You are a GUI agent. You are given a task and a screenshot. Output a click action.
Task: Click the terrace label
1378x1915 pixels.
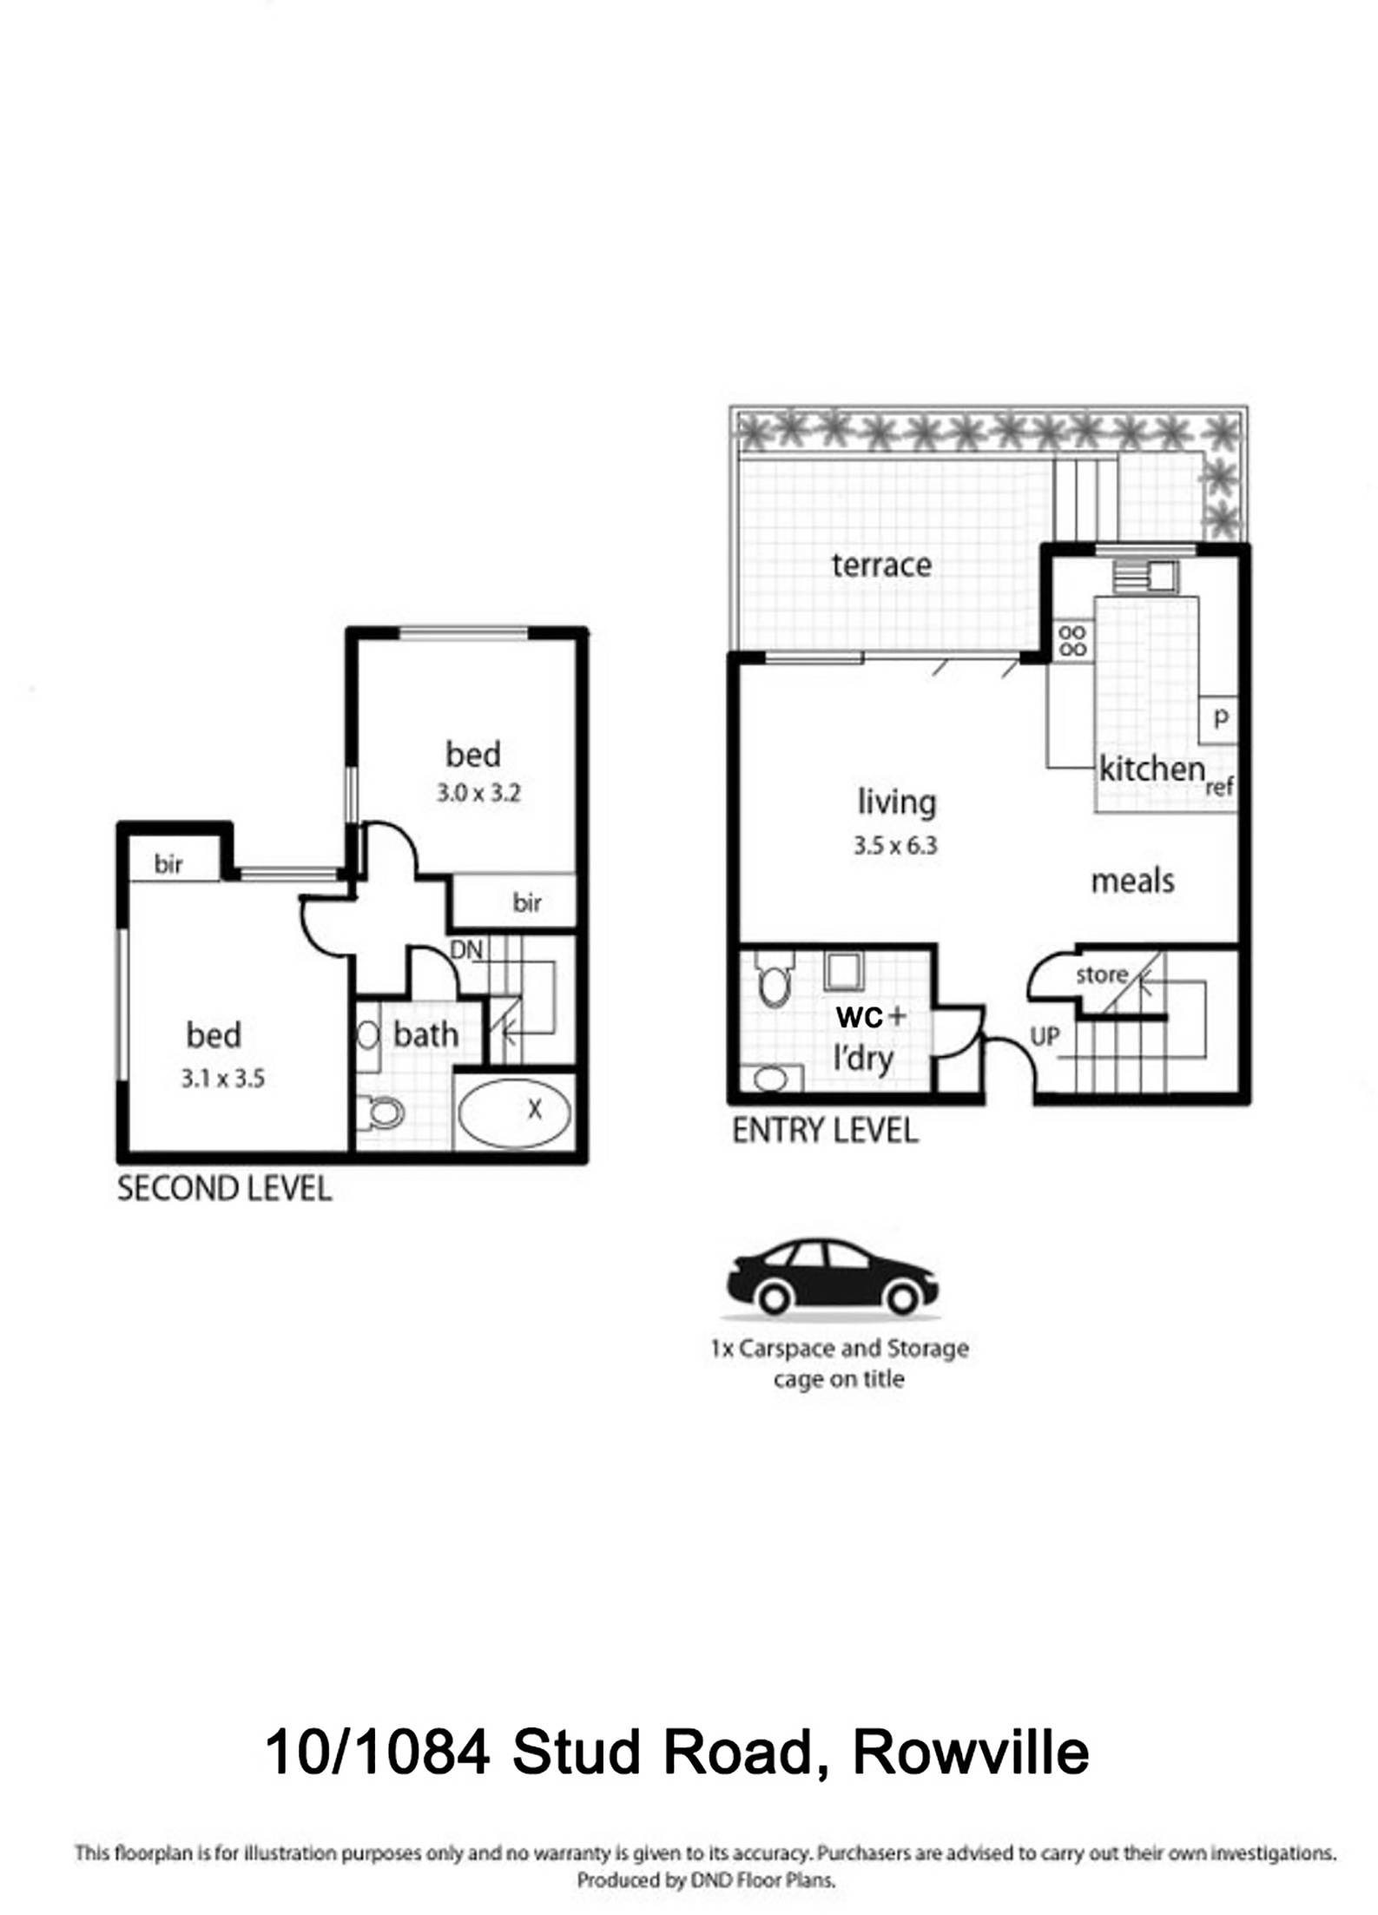tap(880, 565)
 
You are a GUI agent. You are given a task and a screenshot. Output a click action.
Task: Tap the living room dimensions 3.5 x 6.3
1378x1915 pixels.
tap(895, 845)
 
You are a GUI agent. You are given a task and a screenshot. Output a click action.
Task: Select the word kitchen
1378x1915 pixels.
tap(1151, 769)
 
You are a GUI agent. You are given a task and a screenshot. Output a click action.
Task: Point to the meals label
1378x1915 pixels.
tap(1132, 882)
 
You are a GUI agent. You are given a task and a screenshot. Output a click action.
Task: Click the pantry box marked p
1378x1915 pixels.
tap(1221, 718)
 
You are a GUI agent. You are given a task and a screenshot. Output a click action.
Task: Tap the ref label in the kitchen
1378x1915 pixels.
tap(1219, 787)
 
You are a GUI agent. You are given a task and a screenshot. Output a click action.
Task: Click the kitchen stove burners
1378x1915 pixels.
tap(1073, 641)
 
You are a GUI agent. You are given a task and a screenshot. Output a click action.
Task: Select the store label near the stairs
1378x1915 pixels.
tap(1101, 974)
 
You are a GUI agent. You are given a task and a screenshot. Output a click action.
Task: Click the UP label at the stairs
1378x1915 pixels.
tap(1045, 1036)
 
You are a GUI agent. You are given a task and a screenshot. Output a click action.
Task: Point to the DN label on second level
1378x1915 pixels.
tap(466, 949)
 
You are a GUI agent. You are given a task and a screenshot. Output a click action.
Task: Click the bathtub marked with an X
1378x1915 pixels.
tap(514, 1111)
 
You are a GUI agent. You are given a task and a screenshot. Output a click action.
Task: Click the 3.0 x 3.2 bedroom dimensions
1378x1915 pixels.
tap(478, 793)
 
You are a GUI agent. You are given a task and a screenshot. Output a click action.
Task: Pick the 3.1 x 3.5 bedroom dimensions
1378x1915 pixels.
tap(223, 1079)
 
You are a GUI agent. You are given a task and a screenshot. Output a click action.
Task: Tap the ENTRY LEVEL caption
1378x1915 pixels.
tap(825, 1130)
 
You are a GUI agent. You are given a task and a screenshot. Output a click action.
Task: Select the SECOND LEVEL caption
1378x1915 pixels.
tap(224, 1188)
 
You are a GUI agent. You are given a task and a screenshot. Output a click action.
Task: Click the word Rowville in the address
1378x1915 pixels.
tap(970, 1752)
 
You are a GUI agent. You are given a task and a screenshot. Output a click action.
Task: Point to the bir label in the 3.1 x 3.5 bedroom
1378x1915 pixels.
tap(168, 864)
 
